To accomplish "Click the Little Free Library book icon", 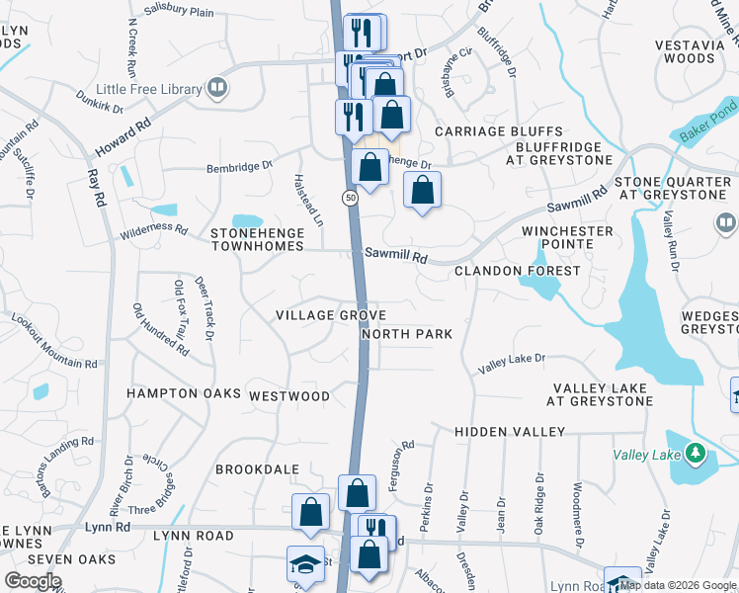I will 217,89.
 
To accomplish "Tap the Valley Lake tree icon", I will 697,454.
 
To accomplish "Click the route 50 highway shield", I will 351,199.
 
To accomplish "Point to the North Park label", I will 406,334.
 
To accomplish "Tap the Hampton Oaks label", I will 184,393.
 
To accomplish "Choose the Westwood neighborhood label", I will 289,396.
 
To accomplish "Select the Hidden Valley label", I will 510,432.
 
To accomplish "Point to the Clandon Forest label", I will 517,270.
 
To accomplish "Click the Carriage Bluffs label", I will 498,131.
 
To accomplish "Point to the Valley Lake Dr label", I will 511,363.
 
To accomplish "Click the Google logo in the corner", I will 33,582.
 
